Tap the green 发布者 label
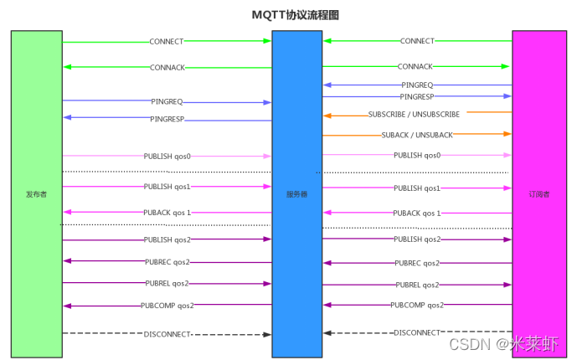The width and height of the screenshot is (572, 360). point(36,194)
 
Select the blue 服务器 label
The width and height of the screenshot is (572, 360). point(296,194)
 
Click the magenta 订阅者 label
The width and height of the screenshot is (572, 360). point(539,194)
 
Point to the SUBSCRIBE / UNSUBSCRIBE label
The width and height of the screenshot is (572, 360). point(414,114)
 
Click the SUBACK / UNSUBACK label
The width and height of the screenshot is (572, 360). point(417,135)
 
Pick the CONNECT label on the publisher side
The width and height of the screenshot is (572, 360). point(166,41)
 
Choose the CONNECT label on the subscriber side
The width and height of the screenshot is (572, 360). point(417,41)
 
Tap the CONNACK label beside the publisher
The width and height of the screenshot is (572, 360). point(167,68)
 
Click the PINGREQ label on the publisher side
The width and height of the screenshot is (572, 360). point(167,101)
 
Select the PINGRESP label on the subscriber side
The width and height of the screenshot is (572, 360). point(417,97)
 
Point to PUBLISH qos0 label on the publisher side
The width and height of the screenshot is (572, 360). point(167,156)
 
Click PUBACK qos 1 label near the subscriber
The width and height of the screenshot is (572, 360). point(416,213)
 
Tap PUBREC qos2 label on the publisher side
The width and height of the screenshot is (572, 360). point(167,261)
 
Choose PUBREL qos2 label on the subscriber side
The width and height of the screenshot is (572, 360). point(417,285)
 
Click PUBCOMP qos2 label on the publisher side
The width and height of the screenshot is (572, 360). point(167,306)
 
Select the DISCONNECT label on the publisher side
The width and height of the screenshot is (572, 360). point(168,334)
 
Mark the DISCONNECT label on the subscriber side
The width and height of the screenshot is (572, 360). point(417,332)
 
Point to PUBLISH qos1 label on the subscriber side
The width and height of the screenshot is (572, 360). point(417,188)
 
